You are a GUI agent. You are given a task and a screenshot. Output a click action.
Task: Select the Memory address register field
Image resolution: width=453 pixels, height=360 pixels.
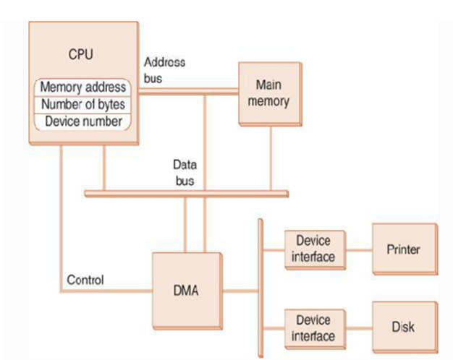[82, 87]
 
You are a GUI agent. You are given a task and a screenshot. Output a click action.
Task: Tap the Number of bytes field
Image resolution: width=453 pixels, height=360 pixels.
[82, 104]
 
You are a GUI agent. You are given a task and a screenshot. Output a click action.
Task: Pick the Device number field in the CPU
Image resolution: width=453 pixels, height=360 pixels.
[82, 121]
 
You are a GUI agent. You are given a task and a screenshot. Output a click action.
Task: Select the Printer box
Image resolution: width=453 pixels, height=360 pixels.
[405, 250]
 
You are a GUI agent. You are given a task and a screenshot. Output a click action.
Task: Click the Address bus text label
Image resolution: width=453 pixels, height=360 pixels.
[166, 69]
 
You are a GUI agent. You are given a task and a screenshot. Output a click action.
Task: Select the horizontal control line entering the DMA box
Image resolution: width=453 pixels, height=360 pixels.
[109, 292]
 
